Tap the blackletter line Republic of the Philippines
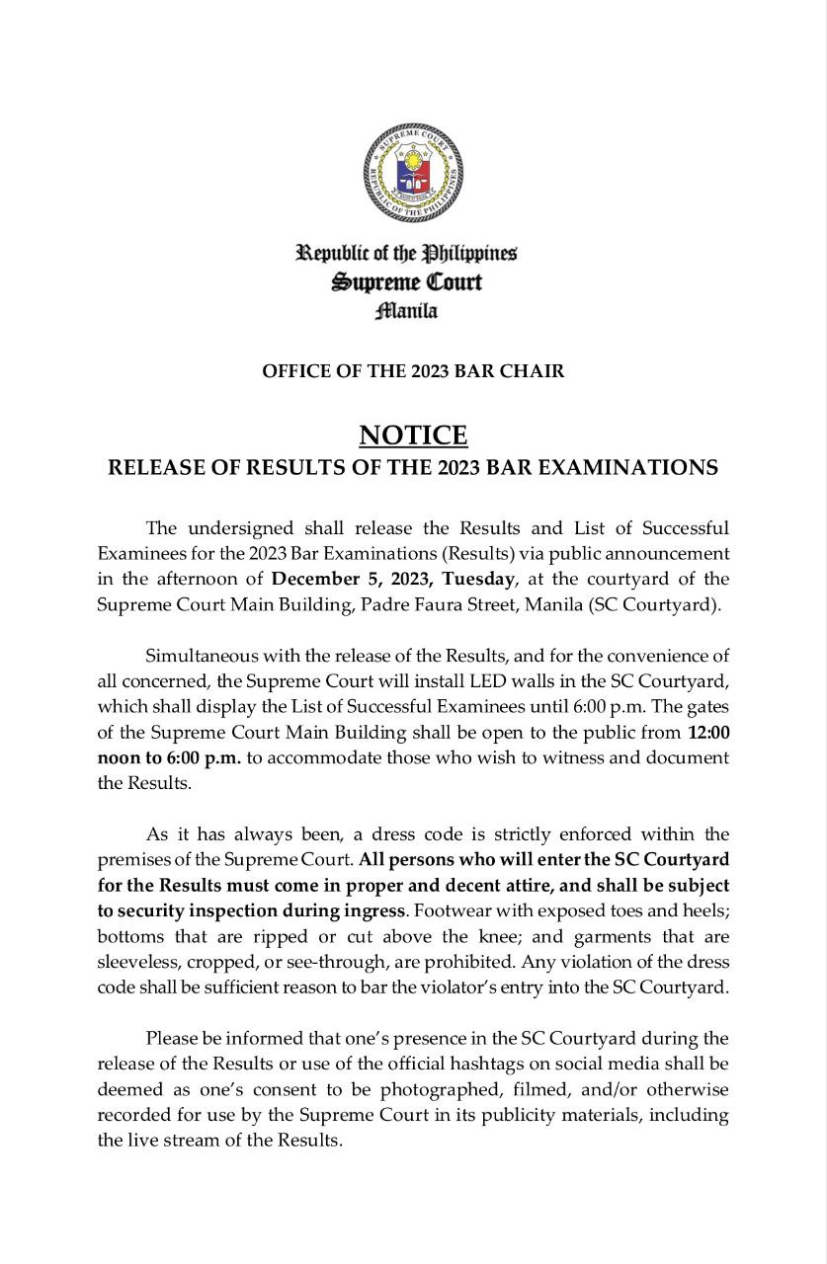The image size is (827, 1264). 406,253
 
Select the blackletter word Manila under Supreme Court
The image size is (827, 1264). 406,312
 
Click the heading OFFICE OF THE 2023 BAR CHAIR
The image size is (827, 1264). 413,371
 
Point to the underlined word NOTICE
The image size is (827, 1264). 413,434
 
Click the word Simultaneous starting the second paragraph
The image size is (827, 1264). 203,655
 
